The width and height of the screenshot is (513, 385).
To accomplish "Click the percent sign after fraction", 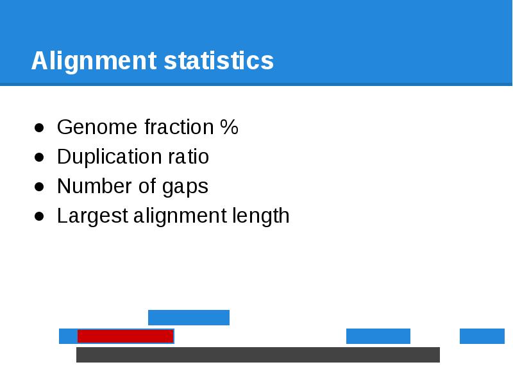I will click(x=229, y=128).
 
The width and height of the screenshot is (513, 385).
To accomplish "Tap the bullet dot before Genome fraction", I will click(x=39, y=128).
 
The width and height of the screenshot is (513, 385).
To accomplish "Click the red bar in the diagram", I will click(x=125, y=336).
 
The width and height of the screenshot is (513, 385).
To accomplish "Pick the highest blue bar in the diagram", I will click(x=189, y=318).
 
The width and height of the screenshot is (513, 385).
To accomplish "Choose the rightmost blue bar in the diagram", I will click(x=482, y=336).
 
